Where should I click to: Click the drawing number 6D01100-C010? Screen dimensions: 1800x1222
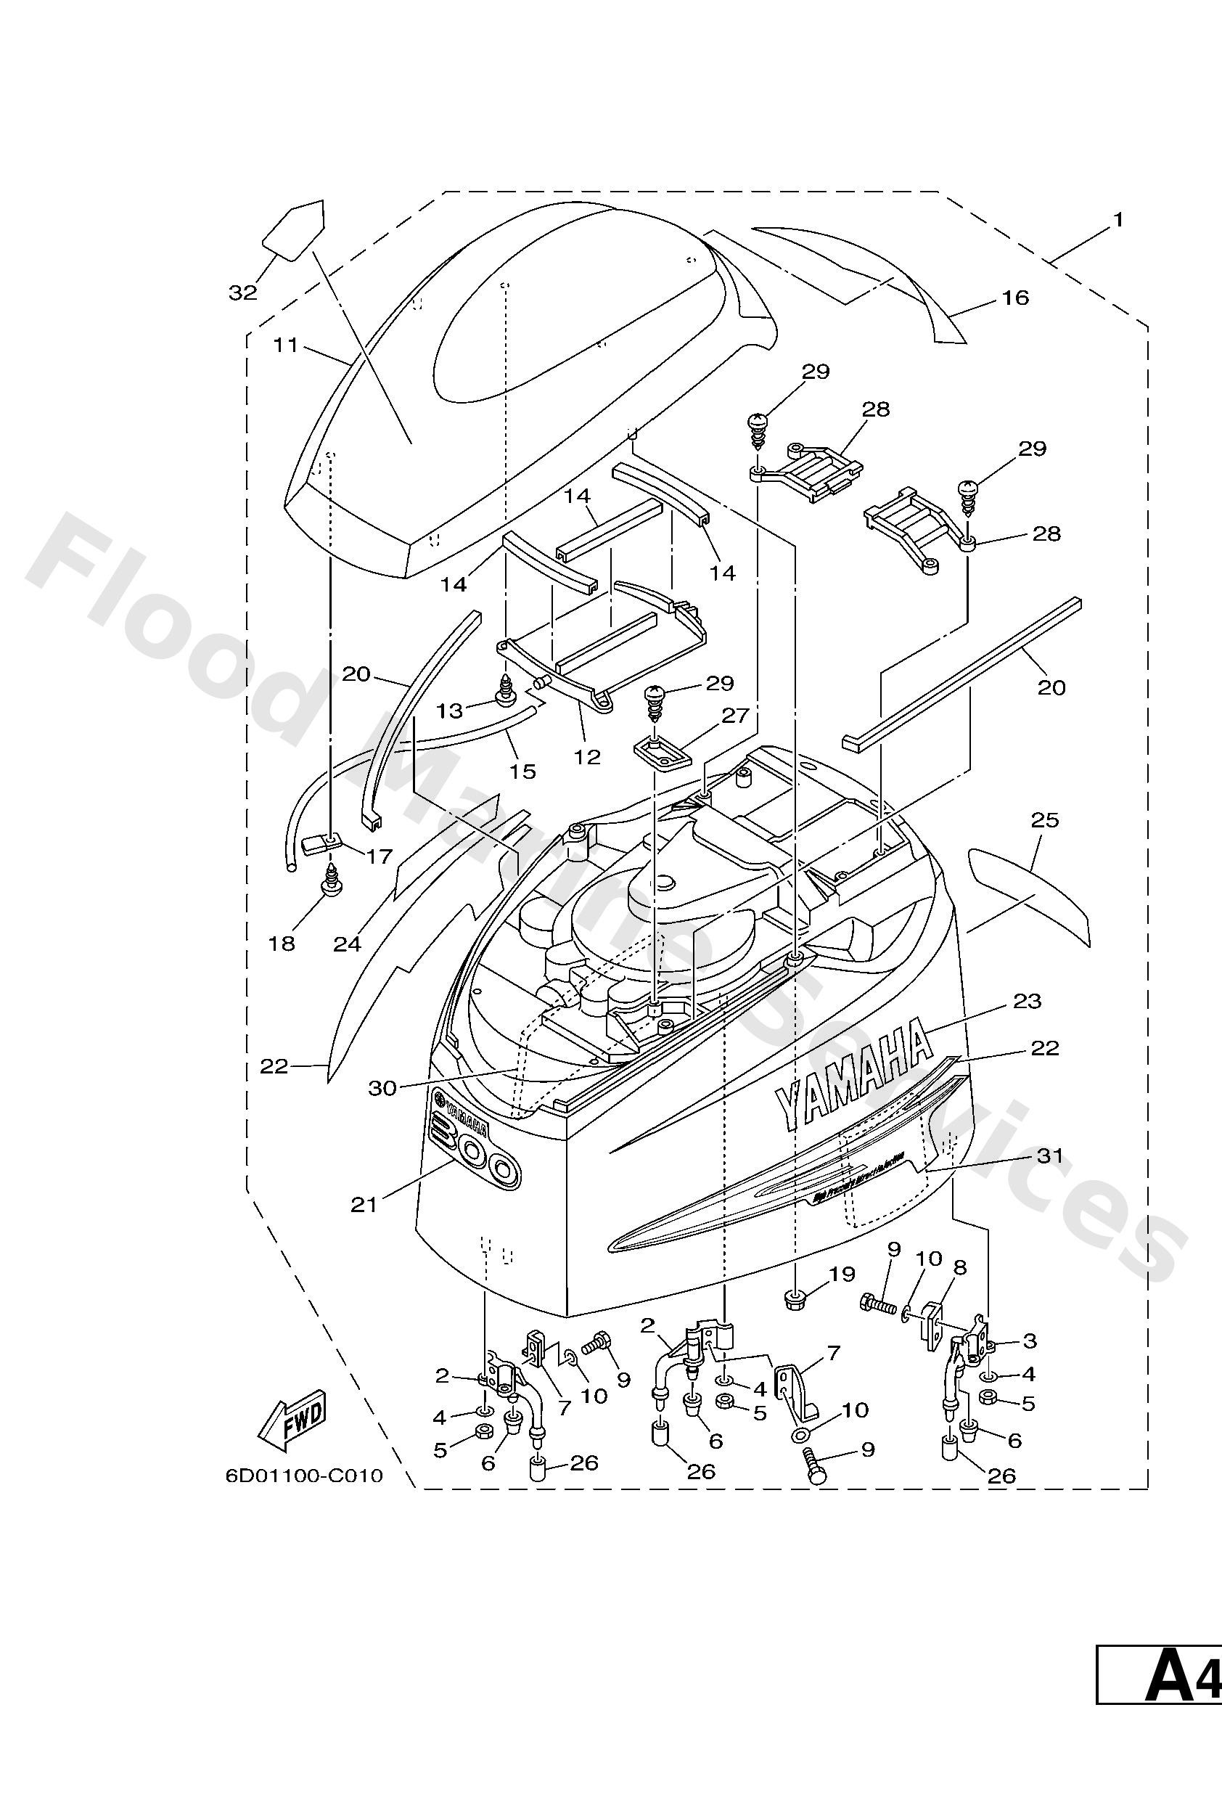coord(304,1476)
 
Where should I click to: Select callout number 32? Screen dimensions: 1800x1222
coord(242,292)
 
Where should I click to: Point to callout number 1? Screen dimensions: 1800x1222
coord(1117,220)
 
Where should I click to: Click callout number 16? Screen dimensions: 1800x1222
coord(1015,298)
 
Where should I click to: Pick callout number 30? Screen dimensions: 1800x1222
coord(382,1088)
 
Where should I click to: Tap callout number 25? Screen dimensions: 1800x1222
coord(1045,819)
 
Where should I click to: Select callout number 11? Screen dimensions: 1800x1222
coord(286,345)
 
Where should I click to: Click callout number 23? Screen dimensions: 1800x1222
coord(1027,1001)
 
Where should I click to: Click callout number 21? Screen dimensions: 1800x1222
coord(364,1204)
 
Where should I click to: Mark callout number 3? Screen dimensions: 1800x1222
coord(1029,1340)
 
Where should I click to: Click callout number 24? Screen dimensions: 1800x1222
coord(348,944)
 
